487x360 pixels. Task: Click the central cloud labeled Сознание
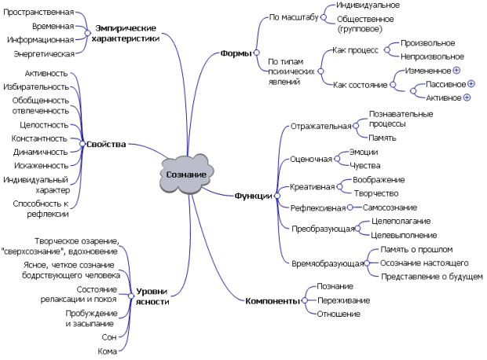(x=186, y=174)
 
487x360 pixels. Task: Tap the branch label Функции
(x=253, y=196)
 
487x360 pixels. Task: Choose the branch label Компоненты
(x=272, y=300)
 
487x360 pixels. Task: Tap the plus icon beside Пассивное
(x=471, y=83)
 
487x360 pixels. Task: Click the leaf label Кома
(x=108, y=351)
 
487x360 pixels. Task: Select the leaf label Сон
(x=109, y=336)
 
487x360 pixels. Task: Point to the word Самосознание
(x=390, y=208)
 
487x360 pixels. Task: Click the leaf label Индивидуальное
(x=368, y=6)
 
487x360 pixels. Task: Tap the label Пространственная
(x=45, y=13)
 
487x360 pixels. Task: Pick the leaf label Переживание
(x=343, y=300)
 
